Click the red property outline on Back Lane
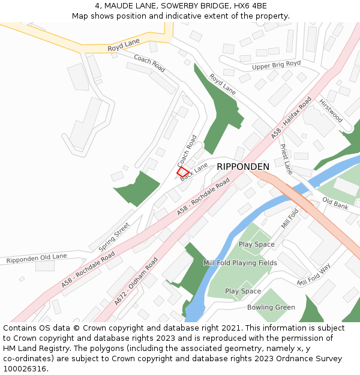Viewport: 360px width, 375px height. tap(183, 172)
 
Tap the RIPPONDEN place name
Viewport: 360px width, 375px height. tap(243, 166)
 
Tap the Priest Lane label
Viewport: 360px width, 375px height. tap(286, 159)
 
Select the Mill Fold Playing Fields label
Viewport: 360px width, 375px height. tap(240, 263)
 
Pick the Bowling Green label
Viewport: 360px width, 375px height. tap(271, 307)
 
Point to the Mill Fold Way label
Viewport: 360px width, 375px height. tap(314, 275)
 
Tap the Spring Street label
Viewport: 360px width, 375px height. tap(114, 236)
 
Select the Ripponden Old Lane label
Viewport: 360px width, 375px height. tap(37, 258)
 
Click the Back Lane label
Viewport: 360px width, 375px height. tap(194, 171)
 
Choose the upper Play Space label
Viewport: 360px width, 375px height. tap(257, 244)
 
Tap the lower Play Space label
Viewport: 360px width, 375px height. tap(243, 291)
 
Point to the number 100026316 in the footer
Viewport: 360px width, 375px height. tap(25, 368)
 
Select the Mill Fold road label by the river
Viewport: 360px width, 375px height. tap(290, 218)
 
